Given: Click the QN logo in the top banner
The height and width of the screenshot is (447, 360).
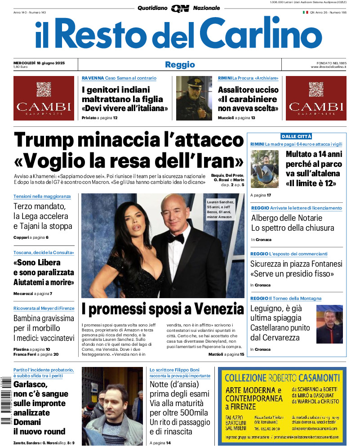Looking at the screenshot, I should click(x=180, y=8).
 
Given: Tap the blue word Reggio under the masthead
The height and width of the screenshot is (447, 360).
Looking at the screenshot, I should click(x=180, y=65).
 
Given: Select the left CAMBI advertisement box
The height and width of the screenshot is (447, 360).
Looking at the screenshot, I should click(x=44, y=98).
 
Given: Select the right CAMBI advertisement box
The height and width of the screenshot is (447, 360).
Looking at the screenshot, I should click(x=317, y=98).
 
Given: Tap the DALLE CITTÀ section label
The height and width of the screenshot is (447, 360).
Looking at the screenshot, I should click(x=296, y=136).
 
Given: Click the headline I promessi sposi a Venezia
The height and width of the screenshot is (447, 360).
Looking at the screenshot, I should click(x=163, y=309).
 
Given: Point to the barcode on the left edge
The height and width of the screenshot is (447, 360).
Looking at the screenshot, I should click(x=6, y=400).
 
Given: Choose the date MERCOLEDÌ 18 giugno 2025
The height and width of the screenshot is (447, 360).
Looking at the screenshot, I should click(x=39, y=63).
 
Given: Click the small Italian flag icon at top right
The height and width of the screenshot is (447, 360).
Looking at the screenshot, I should click(x=305, y=13).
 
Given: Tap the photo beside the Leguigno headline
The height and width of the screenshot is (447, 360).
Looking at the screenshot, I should click(x=329, y=324).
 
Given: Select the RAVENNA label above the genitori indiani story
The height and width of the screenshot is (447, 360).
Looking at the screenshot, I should click(x=93, y=78).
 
